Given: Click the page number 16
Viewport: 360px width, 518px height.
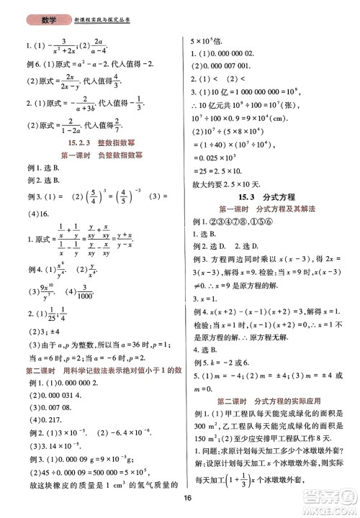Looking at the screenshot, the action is [x=186, y=499].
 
